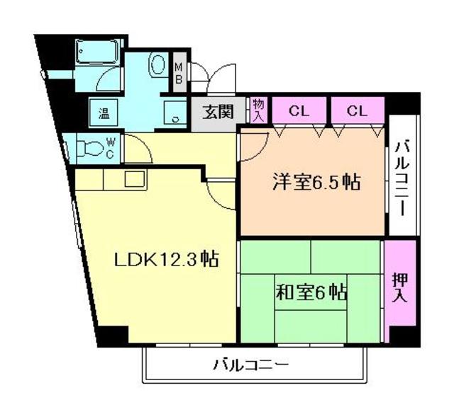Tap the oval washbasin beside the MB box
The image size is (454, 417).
pos(157,64)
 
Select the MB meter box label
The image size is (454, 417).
pos(179,73)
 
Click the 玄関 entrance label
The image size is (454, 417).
pos(218,112)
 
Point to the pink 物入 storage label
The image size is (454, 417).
pos(258,110)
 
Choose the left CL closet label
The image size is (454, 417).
pos(299,110)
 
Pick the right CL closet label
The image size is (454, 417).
pos(358,110)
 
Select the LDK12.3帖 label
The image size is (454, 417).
pos(165,259)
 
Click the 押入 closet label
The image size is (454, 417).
pos(399,289)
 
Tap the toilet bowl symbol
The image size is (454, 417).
pos(89,149)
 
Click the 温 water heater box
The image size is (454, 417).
pos(103,112)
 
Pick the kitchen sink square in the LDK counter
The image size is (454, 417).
pos(135,178)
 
